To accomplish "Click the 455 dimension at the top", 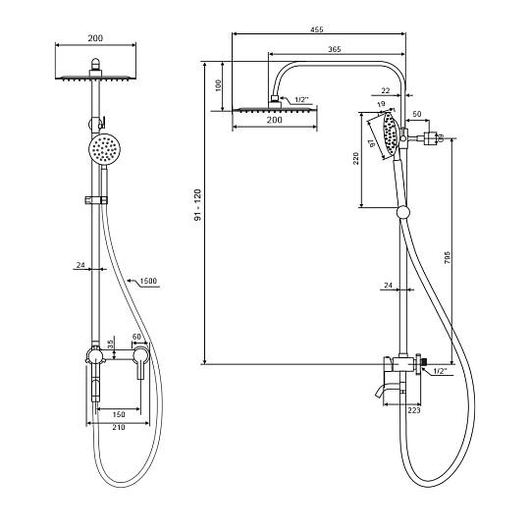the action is (x=317, y=29).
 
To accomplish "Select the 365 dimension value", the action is (x=335, y=49).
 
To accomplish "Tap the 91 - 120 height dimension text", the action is (x=197, y=205).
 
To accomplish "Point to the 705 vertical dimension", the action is (x=447, y=257).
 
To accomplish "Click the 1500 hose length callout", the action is (x=148, y=281).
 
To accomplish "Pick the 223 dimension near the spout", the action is (x=414, y=410).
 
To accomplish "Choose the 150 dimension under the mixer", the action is (x=119, y=414).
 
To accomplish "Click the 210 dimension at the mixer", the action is (x=119, y=427).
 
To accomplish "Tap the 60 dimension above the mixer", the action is (x=136, y=337).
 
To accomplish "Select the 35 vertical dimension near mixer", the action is (x=110, y=344).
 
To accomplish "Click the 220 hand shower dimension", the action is (x=355, y=159).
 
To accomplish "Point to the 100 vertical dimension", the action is (x=218, y=85).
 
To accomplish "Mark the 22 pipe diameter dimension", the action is (x=386, y=90).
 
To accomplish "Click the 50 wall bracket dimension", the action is (x=417, y=114).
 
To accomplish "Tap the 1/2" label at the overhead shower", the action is (x=302, y=100).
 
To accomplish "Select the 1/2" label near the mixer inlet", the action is (x=440, y=371).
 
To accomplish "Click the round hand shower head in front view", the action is (x=105, y=149).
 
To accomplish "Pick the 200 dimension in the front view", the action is (x=95, y=38).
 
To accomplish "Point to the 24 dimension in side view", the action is (x=388, y=286).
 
